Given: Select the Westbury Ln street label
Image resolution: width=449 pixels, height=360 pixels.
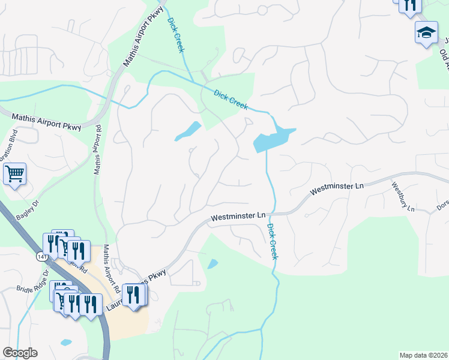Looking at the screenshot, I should click(403, 197).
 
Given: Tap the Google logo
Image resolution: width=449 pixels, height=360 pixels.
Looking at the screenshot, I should click(20, 353).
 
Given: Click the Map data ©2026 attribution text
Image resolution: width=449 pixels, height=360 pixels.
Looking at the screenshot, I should click(423, 355).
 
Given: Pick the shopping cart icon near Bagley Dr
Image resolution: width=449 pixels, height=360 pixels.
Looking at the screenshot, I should click(15, 175).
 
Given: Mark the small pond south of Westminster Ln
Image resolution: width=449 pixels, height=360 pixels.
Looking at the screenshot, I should click(212, 263).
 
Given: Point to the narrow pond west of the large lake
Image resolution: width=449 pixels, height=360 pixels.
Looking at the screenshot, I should click(188, 131).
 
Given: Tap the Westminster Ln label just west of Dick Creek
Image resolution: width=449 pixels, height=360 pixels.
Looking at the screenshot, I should click(238, 217).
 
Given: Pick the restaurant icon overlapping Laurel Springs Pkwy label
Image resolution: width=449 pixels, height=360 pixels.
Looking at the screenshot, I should click(133, 295).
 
